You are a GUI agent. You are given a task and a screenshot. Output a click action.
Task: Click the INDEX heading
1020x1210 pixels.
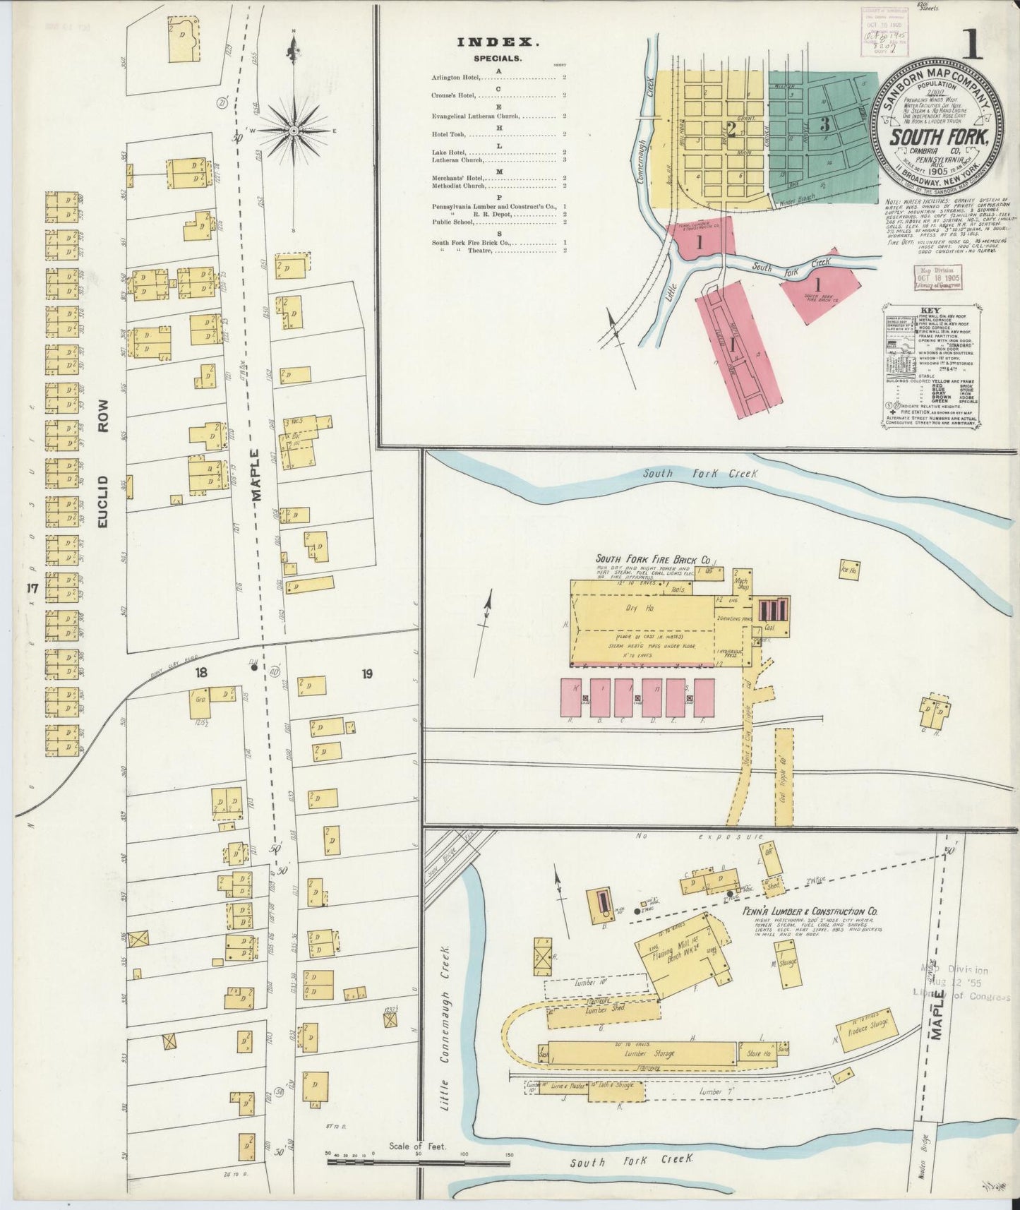click(x=498, y=42)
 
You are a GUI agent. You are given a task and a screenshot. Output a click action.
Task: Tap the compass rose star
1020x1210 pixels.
click(x=293, y=131)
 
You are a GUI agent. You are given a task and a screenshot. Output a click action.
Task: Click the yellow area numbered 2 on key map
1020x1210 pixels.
click(x=731, y=130)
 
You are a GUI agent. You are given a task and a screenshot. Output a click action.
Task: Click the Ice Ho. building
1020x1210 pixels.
click(x=848, y=568)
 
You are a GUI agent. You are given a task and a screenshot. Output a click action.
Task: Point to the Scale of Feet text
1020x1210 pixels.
click(x=418, y=1146)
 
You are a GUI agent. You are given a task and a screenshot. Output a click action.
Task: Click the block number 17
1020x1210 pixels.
click(x=31, y=588)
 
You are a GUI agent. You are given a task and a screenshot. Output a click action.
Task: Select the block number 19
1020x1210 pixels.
click(x=367, y=674)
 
